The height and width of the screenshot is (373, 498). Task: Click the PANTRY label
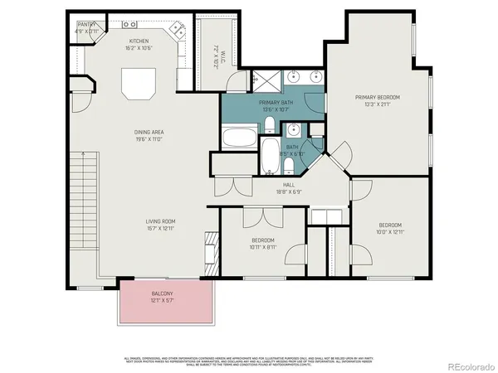point(85,25)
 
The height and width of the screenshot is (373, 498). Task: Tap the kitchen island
point(139,84)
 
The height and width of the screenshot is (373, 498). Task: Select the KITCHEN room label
point(138,41)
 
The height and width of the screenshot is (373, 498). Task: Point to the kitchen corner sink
point(176,30)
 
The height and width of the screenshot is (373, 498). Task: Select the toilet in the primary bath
point(270,126)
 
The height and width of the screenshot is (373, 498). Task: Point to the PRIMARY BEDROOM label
point(378,97)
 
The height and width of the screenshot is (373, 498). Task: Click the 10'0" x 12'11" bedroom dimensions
point(390,233)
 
